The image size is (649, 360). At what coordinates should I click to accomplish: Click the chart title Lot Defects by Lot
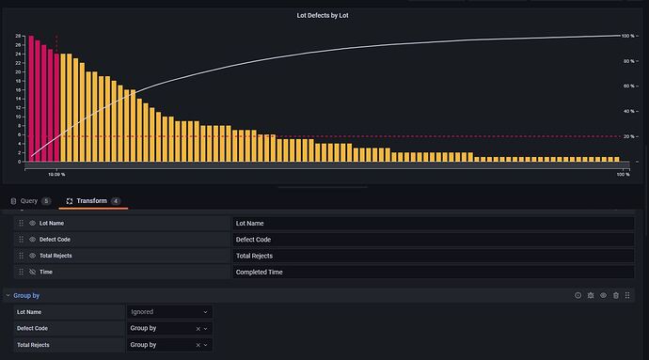pyautogui.click(x=324, y=16)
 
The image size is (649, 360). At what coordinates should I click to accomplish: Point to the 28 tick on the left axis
pyautogui.click(x=18, y=36)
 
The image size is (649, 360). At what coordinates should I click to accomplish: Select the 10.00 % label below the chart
pyautogui.click(x=56, y=175)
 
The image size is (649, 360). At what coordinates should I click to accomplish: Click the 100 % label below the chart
pyautogui.click(x=622, y=175)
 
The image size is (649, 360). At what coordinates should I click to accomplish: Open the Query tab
pyautogui.click(x=29, y=201)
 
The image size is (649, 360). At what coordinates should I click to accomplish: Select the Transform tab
pyautogui.click(x=91, y=201)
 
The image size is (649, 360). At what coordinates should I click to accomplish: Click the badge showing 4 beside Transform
pyautogui.click(x=116, y=201)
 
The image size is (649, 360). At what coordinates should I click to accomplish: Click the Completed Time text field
pyautogui.click(x=433, y=272)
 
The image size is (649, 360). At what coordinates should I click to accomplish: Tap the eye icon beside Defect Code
pyautogui.click(x=32, y=240)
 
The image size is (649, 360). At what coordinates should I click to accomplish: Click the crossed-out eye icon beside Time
pyautogui.click(x=32, y=272)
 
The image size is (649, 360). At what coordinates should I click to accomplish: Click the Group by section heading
pyautogui.click(x=26, y=295)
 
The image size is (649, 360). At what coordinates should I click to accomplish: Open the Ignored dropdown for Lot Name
pyautogui.click(x=169, y=312)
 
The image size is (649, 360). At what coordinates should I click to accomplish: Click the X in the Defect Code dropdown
pyautogui.click(x=198, y=329)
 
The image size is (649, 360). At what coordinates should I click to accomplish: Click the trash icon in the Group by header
pyautogui.click(x=616, y=295)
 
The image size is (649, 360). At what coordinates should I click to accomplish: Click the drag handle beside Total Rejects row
pyautogui.click(x=21, y=256)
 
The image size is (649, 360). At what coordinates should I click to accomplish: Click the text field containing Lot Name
pyautogui.click(x=433, y=224)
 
